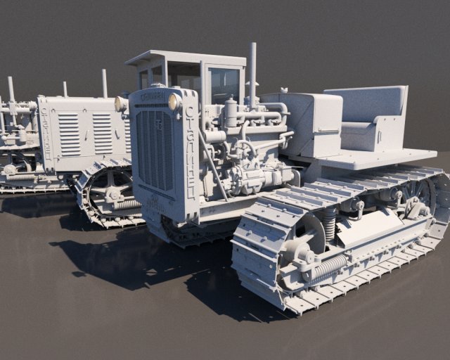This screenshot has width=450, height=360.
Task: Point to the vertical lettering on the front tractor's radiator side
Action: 190,155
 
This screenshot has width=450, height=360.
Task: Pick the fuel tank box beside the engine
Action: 313,123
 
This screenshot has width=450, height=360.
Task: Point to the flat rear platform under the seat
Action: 380,158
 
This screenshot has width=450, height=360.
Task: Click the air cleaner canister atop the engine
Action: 231,112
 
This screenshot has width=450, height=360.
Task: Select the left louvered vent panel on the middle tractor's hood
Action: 69,134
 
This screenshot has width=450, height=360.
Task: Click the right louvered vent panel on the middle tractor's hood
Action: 103,133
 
